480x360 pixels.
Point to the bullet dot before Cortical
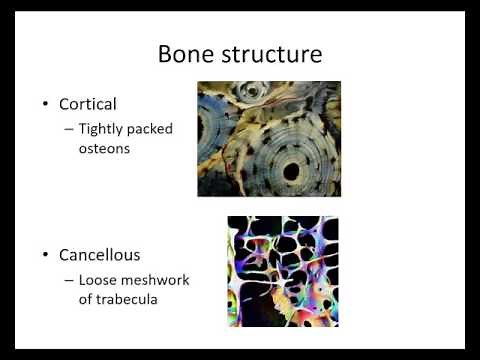pyautogui.click(x=45, y=104)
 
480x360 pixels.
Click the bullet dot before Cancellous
pyautogui.click(x=45, y=257)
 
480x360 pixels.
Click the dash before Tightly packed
pyautogui.click(x=68, y=128)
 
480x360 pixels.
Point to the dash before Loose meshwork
pyautogui.click(x=68, y=281)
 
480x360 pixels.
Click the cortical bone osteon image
pyautogui.click(x=269, y=139)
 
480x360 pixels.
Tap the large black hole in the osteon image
pyautogui.click(x=292, y=171)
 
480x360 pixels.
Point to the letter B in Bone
pyautogui.click(x=165, y=54)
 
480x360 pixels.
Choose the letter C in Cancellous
pyautogui.click(x=65, y=256)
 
